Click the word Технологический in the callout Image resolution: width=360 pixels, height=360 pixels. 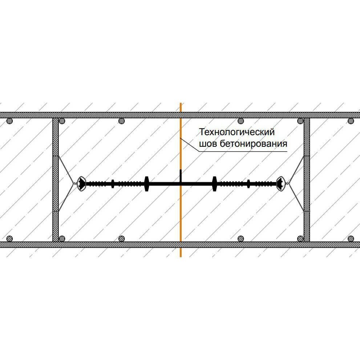237,132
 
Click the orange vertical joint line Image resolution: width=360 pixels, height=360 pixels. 181,180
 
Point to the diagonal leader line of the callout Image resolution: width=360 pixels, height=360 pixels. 190,145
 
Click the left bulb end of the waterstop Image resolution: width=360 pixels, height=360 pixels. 81,184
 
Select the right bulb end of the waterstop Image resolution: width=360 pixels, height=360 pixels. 280,184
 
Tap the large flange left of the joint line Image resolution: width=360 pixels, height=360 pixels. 147,184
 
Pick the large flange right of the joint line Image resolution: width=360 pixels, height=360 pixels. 214,184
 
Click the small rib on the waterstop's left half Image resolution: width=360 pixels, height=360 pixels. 113,184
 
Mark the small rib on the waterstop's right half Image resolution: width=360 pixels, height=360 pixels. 248,184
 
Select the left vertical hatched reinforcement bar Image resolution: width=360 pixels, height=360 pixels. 56,180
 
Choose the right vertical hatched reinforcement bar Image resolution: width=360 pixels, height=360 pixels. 307,180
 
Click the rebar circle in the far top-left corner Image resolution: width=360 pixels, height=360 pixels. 9,121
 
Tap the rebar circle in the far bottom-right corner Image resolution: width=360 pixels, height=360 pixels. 351,239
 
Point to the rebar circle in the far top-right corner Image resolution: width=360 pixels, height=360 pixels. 351,121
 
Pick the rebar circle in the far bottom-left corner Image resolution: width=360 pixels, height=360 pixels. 9,239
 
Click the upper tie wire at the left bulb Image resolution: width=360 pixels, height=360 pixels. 66,169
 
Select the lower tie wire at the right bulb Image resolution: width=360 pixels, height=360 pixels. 296,198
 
